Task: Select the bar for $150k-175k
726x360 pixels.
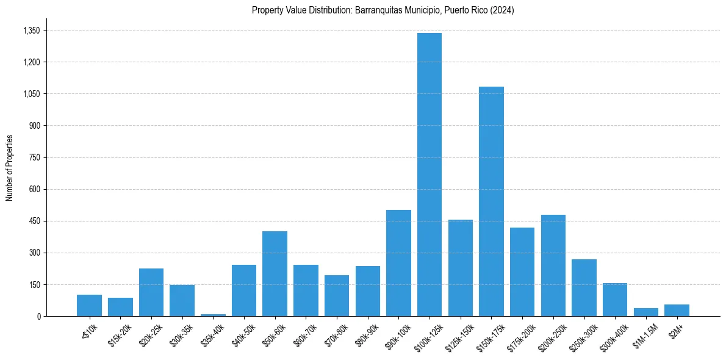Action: coord(491,201)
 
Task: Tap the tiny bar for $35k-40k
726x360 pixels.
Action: coord(213,315)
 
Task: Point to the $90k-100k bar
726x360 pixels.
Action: coord(398,263)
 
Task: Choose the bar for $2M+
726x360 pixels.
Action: coord(677,310)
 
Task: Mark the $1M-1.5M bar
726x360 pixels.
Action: coord(645,312)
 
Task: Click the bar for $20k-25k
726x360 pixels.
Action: coord(151,292)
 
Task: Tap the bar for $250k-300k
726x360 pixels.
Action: coord(584,287)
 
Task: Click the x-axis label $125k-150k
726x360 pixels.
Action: coord(458,333)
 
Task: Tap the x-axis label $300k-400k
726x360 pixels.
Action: coord(612,333)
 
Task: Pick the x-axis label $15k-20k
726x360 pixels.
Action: coord(120,332)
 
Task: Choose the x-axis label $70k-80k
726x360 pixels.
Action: coord(336,332)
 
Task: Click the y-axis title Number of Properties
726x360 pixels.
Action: coord(9,167)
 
